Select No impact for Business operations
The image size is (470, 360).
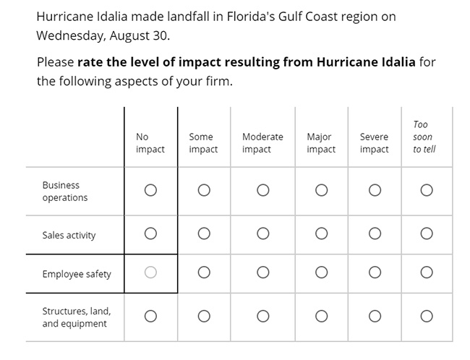tap(150, 190)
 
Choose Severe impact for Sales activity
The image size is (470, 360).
tap(375, 233)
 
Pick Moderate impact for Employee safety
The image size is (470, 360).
tap(263, 273)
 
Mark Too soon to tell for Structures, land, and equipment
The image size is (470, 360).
tap(427, 316)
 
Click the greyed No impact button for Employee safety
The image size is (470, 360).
tap(150, 273)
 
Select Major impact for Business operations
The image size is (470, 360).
tap(321, 190)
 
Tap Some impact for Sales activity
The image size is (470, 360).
tap(204, 233)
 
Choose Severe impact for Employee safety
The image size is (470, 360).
tap(375, 273)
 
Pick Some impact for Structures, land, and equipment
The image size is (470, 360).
tap(204, 316)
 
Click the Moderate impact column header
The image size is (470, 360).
tap(262, 143)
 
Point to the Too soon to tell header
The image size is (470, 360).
tap(424, 137)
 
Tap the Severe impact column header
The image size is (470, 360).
tap(374, 143)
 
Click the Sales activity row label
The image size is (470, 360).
tap(69, 236)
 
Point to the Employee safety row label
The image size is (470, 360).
tap(77, 274)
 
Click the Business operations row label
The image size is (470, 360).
tap(65, 192)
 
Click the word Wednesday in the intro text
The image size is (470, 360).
tap(70, 36)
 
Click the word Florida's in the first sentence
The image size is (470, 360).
tap(251, 17)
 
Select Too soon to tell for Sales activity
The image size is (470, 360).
tap(427, 233)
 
